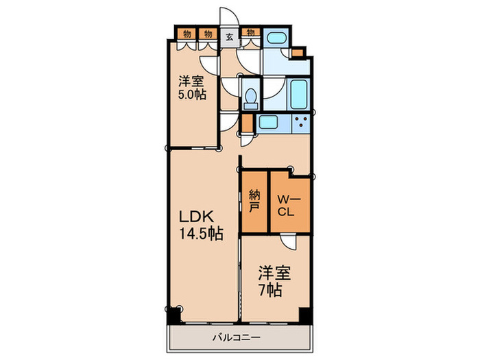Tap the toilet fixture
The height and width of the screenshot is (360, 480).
coord(251,98)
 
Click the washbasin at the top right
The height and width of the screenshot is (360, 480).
coord(276,39)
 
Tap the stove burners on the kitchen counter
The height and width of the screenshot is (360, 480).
coord(300,123)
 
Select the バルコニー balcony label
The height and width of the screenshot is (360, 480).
coord(236,337)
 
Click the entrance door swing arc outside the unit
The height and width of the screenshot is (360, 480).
coord(226,16)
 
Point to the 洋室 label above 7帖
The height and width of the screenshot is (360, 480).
coord(274,273)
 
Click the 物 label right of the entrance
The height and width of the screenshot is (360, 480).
coord(251,32)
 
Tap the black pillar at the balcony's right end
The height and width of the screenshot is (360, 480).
coord(305,316)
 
